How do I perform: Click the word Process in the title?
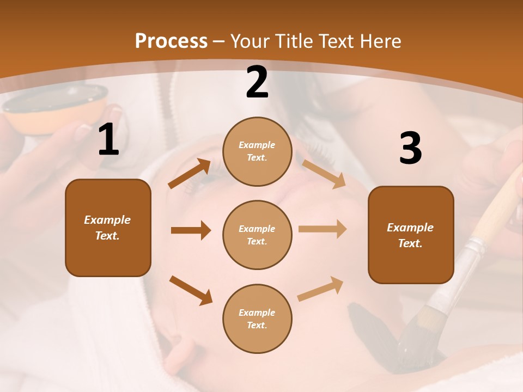171,41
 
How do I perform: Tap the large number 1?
108,140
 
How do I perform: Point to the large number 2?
257,83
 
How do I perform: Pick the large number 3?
410,149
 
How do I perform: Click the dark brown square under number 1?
108,228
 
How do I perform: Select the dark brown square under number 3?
411,235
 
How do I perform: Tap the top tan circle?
257,151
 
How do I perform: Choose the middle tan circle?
257,235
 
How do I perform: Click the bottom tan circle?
257,318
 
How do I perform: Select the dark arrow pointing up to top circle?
190,173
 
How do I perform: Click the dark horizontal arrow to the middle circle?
191,230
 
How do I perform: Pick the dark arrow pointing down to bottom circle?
191,290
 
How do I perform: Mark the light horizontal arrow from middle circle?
323,229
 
